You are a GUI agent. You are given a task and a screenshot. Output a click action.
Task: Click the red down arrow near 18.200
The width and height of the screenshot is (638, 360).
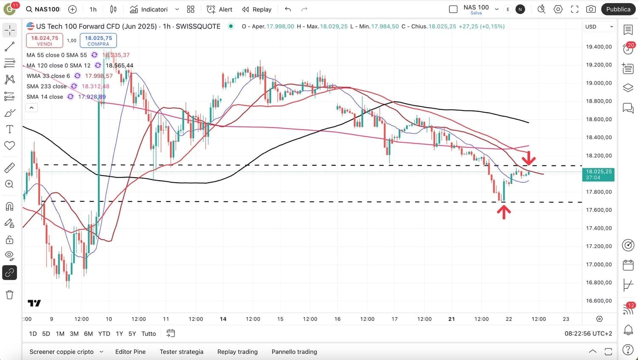tap(529, 159)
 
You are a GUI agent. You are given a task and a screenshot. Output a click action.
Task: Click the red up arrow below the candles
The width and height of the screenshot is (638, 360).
tap(504, 212)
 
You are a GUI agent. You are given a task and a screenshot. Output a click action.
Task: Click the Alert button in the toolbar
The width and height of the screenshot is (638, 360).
tap(219, 9)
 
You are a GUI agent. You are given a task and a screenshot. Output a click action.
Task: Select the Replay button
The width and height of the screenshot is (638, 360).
tap(256, 9)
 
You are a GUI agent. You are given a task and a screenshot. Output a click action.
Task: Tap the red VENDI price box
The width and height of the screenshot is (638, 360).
tap(45, 40)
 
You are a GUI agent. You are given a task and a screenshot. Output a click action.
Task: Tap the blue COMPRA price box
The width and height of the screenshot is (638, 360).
tap(98, 40)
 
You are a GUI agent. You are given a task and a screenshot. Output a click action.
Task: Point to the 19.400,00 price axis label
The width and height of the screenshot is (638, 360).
tap(599, 47)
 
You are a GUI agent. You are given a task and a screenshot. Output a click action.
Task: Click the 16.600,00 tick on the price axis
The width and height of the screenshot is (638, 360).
tap(599, 300)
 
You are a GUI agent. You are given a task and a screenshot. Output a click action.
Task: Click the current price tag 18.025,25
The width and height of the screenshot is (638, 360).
tap(598, 174)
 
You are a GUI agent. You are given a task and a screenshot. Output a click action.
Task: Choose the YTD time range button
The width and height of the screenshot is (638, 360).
tap(104, 334)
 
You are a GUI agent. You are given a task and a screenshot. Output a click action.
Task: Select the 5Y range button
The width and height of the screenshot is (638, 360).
tap(132, 334)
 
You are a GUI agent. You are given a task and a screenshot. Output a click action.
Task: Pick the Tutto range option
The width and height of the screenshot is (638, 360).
tap(148, 334)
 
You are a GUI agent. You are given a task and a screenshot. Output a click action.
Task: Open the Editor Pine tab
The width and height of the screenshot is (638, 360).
tap(130, 351)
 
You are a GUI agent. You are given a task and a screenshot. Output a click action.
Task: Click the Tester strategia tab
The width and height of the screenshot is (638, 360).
tap(181, 351)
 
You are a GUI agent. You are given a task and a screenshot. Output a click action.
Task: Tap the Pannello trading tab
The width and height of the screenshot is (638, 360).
tap(294, 351)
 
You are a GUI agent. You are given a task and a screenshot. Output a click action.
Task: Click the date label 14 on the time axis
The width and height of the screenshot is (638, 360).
tap(223, 319)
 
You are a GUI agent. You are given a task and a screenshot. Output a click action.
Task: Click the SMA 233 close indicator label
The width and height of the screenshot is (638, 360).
tap(46, 86)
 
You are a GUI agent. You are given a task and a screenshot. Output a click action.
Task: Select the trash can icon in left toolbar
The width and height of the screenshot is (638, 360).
tap(9, 295)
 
